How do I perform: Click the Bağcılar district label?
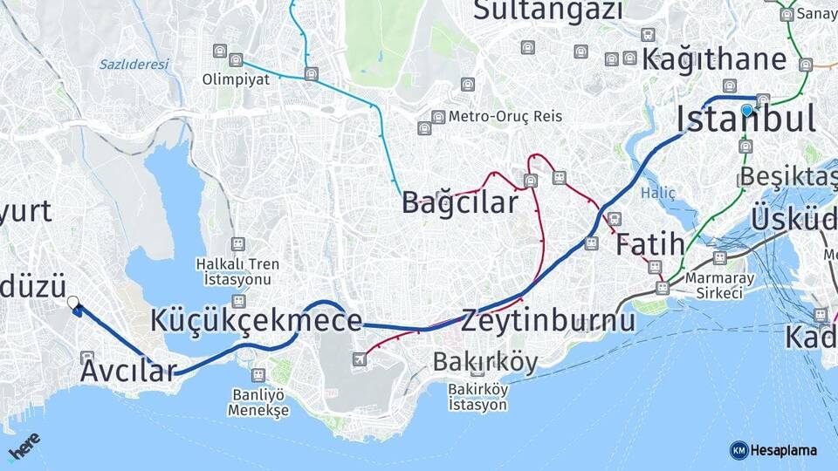tap(459, 202)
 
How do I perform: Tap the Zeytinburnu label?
tap(548, 320)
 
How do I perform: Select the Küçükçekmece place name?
tap(256, 320)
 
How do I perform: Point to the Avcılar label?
tap(128, 371)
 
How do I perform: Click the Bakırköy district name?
tap(485, 362)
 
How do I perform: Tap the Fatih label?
tap(650, 245)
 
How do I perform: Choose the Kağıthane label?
tap(714, 59)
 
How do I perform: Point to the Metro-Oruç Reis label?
tap(505, 116)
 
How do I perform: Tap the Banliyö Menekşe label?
tap(258, 401)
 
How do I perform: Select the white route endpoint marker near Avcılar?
tap(73, 303)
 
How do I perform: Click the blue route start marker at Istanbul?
tap(747, 110)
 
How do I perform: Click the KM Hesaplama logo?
tap(773, 450)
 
